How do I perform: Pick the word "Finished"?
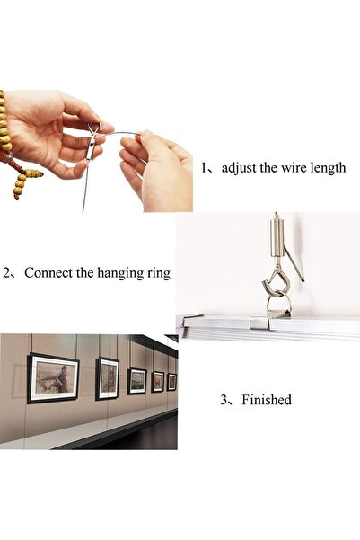[x=267, y=400]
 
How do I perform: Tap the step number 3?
[x=223, y=400]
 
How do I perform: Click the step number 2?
[x=6, y=272]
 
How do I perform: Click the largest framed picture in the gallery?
[x=53, y=377]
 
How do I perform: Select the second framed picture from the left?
[x=108, y=377]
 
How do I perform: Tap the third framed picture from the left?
[x=136, y=380]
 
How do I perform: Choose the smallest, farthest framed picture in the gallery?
[x=171, y=381]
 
